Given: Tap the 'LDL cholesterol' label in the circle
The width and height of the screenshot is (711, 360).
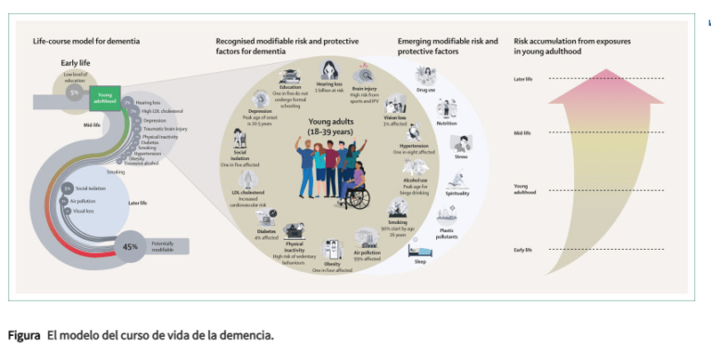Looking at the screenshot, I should pyautogui.click(x=248, y=192).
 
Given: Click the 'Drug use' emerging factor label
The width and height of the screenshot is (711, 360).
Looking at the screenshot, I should pyautogui.click(x=428, y=91).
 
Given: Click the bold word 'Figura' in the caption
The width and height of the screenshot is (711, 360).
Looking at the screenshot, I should pyautogui.click(x=24, y=334).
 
